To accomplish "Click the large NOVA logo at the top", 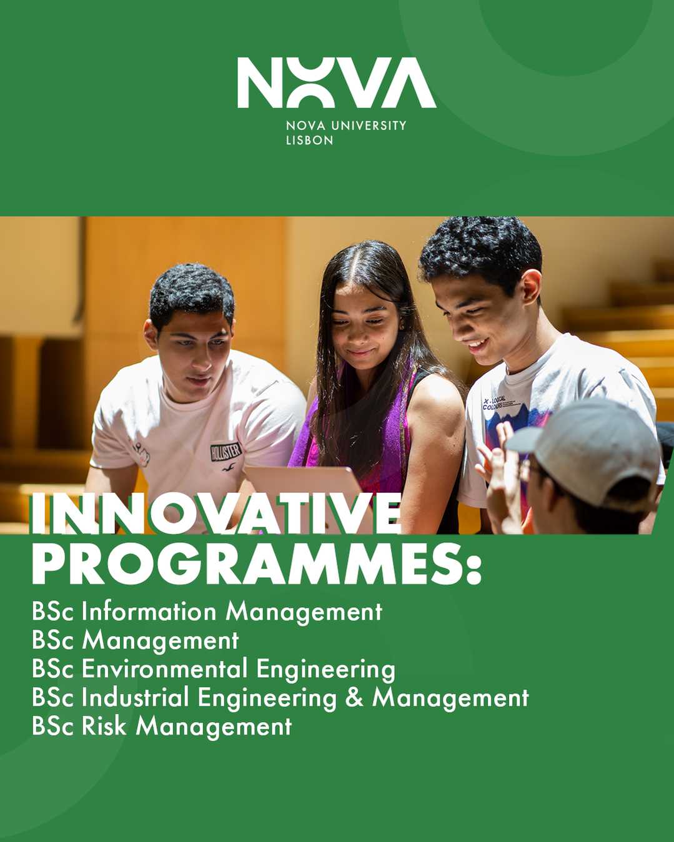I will click(x=336, y=82).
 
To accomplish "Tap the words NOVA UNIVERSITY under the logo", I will click(x=345, y=126).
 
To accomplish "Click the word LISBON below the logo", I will click(x=309, y=141).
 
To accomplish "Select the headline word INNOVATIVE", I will click(x=216, y=514).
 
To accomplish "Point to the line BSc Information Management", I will click(x=207, y=612).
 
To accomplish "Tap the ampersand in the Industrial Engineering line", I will click(x=354, y=698).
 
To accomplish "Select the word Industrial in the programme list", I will click(x=135, y=698).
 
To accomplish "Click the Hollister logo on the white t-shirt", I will click(x=225, y=451).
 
